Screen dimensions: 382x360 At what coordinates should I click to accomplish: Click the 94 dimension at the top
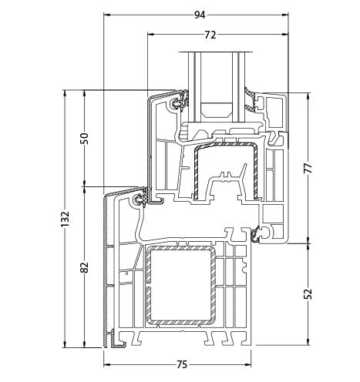200,15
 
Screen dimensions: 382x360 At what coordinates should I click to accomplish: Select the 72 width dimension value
210,35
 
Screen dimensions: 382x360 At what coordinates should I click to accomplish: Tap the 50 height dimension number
85,138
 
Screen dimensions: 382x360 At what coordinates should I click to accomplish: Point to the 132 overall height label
65,219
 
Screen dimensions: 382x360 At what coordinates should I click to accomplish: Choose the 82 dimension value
85,266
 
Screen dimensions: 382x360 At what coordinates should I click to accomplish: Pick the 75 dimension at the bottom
182,364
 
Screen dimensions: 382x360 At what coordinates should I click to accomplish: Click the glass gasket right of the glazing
251,96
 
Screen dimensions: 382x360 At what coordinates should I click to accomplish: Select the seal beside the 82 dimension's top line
140,200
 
